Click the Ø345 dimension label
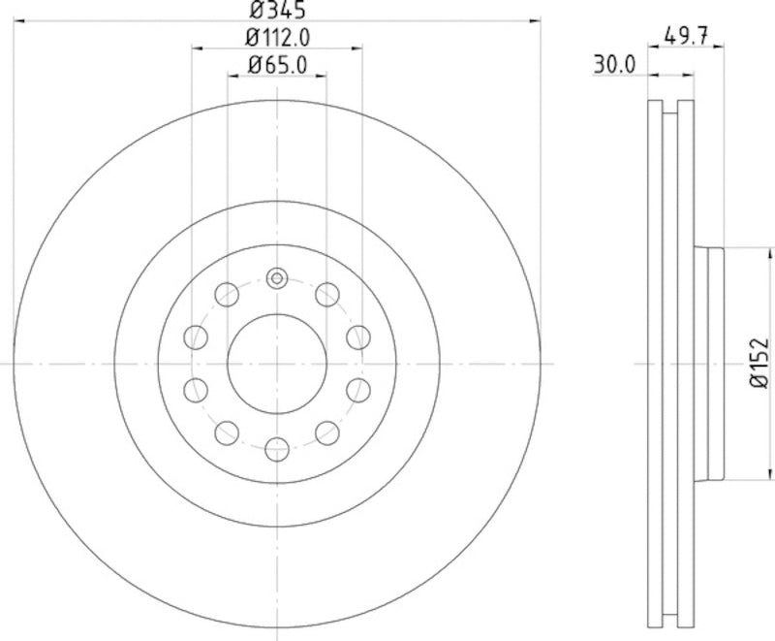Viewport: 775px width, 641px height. pyautogui.click(x=278, y=12)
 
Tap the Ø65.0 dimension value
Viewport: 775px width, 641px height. pyautogui.click(x=278, y=65)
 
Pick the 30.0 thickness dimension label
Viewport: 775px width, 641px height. pyautogui.click(x=613, y=65)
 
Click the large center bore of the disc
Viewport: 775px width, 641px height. pyautogui.click(x=277, y=364)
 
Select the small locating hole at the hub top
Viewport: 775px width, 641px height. pyautogui.click(x=277, y=279)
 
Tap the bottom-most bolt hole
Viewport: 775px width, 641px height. pyautogui.click(x=277, y=448)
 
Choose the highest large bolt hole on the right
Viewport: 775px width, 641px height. pyautogui.click(x=327, y=293)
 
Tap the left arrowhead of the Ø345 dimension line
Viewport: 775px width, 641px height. pyautogui.click(x=19, y=20)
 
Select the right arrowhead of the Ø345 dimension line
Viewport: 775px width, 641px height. pyautogui.click(x=535, y=20)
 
